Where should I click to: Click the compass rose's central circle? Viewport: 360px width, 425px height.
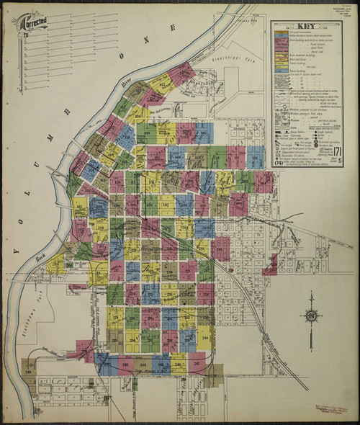pyautogui.click(x=311, y=315)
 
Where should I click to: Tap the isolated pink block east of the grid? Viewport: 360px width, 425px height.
pyautogui.click(x=271, y=265)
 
